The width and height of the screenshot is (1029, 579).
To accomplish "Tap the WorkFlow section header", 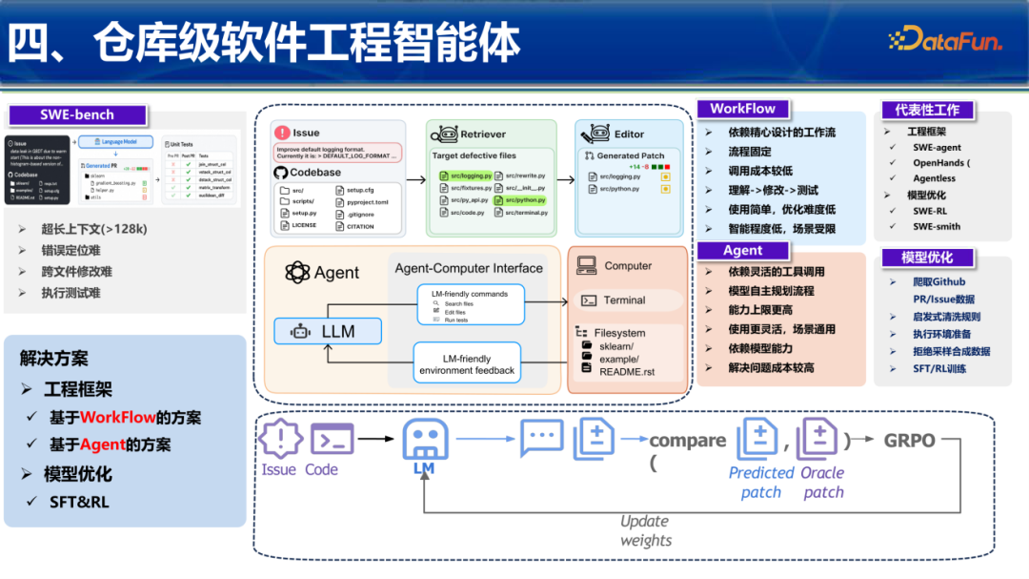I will coord(743,109).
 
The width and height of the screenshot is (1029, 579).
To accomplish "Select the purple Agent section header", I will coord(743,251).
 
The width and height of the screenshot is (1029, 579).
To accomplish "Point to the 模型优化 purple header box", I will coord(927,258).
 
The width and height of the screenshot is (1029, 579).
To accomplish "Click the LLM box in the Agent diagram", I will coord(328,331).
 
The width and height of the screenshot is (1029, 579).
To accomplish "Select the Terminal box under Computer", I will coord(624,300).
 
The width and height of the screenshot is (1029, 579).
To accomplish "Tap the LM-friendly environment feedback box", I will coord(467,363).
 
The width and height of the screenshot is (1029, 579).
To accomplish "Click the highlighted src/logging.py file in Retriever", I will coord(466,176).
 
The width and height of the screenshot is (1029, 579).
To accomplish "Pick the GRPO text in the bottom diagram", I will coord(909,442).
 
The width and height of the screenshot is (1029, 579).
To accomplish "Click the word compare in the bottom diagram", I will coord(687,441).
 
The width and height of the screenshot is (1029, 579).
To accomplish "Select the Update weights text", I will coord(645,530).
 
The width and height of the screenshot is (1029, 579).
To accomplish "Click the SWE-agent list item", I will coord(937,148).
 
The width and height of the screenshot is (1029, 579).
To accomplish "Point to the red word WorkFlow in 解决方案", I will coord(117,418).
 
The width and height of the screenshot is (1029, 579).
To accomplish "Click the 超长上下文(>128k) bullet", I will coord(93,229).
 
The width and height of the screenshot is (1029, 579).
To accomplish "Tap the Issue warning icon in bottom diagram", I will coord(279,439).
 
